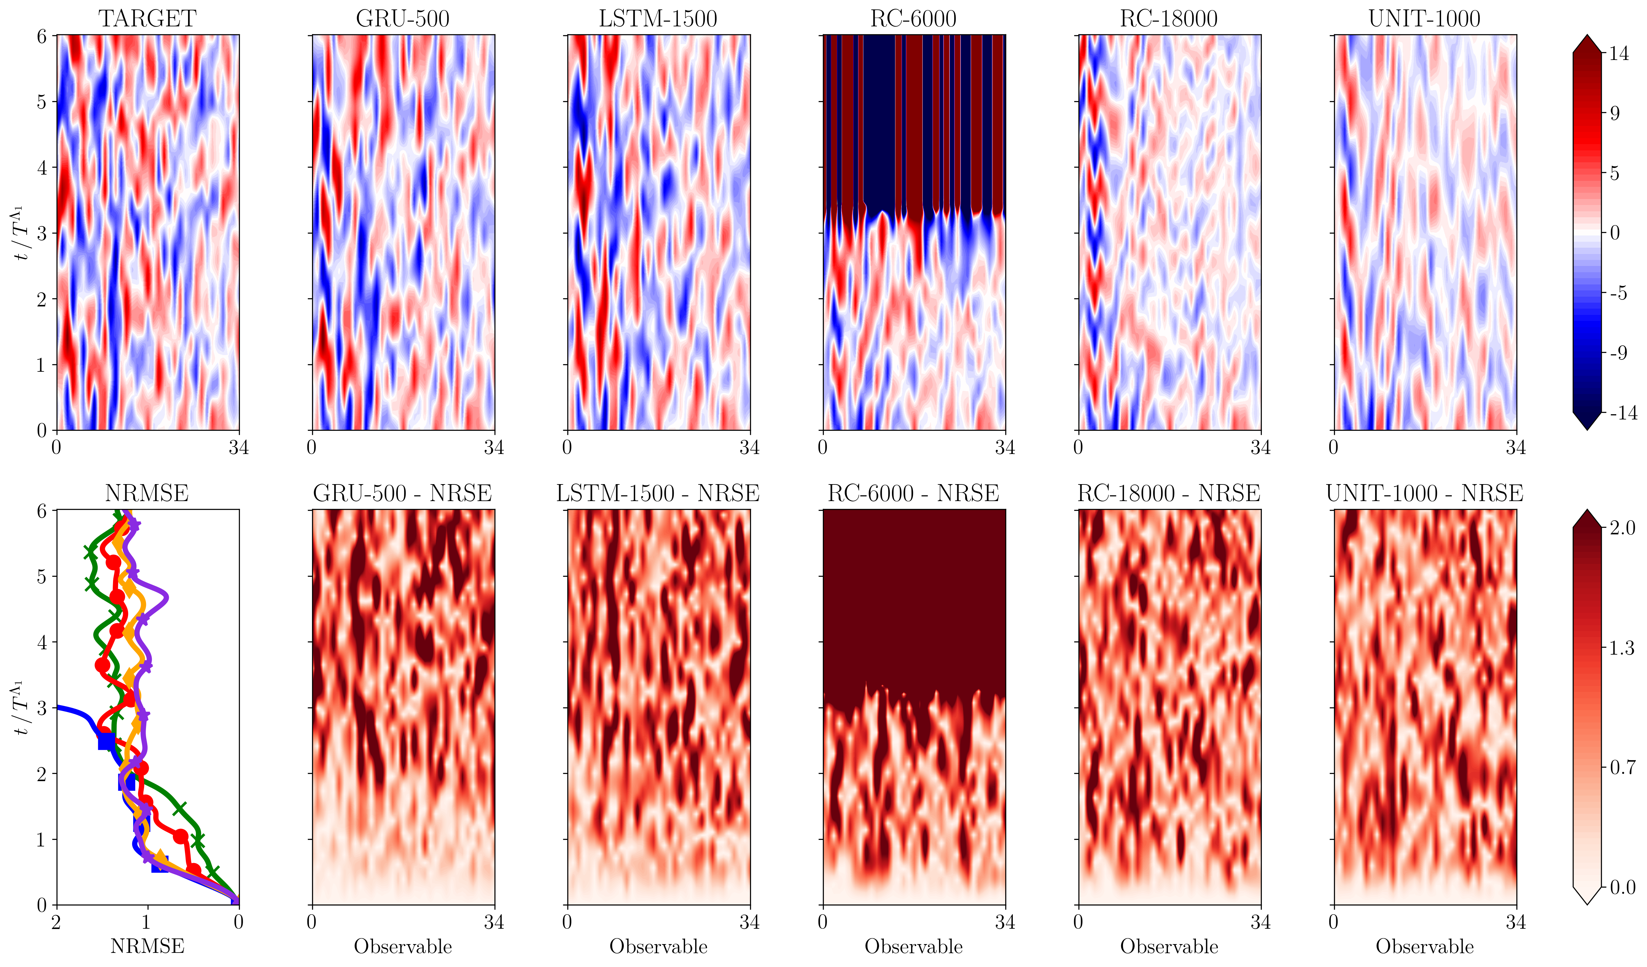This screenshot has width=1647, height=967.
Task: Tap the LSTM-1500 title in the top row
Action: [x=658, y=18]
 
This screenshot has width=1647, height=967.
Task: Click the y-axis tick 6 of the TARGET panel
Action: [x=42, y=37]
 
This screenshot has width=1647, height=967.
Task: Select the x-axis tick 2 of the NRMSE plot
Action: [x=57, y=922]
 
